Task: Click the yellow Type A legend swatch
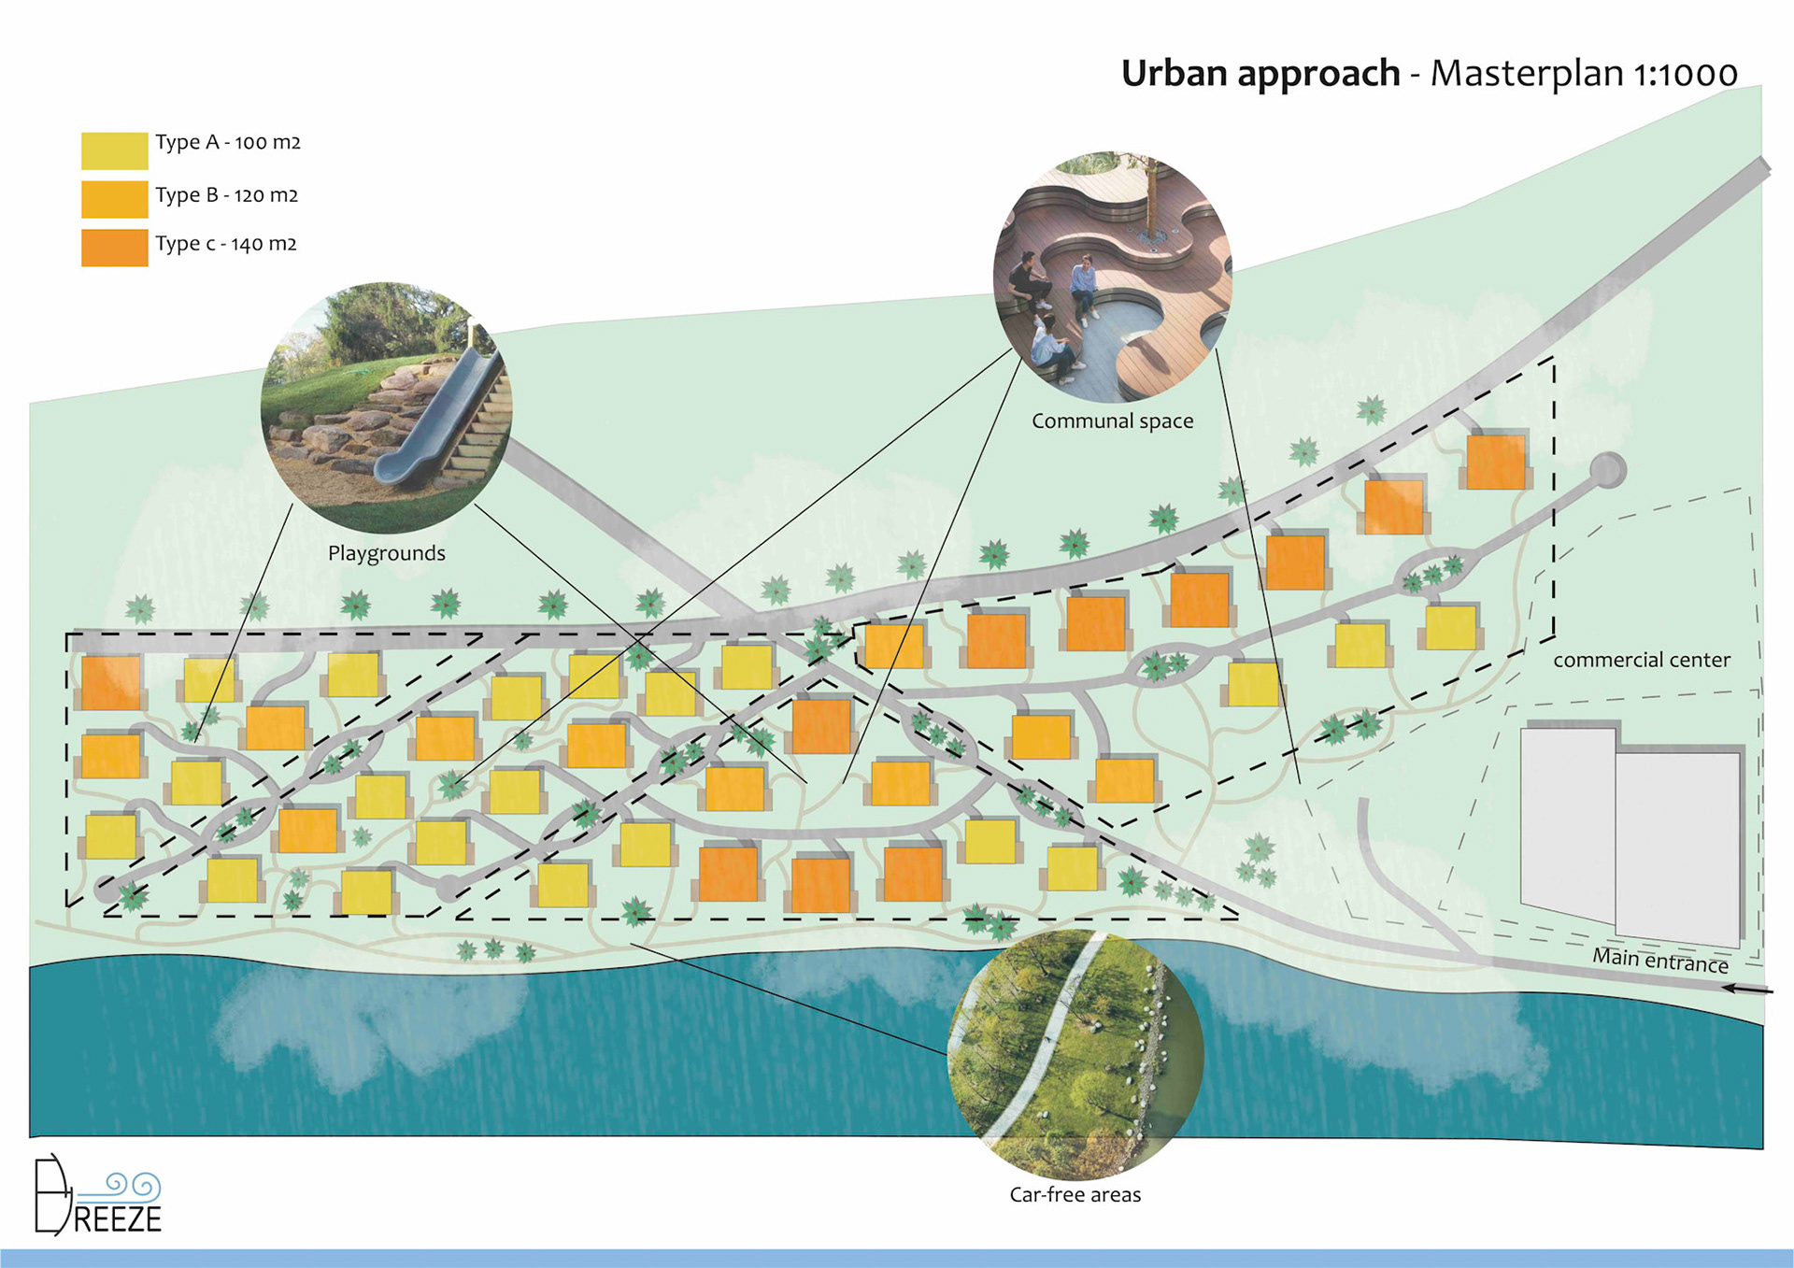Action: pos(114,150)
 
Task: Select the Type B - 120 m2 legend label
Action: pos(226,195)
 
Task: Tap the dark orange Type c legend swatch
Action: pos(114,248)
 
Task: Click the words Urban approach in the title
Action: pos(1260,73)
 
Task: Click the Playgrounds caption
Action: pos(386,553)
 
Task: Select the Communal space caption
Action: pos(1112,421)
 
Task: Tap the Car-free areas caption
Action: pos(1075,1195)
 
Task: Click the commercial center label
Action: pos(1641,660)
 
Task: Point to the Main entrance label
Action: pos(1659,961)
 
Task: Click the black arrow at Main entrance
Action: pos(1746,989)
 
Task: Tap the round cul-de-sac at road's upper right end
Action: pos(1607,470)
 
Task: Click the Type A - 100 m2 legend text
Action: pos(227,143)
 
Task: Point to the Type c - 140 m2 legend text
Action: pos(225,244)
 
